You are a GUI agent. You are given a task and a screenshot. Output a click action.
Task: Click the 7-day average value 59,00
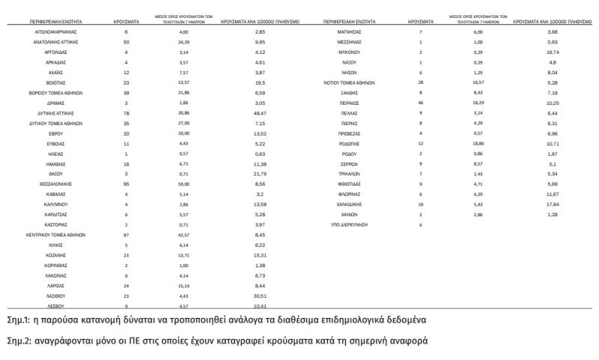point(183,183)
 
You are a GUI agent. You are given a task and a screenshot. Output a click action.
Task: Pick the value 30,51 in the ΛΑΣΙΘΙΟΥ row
point(260,296)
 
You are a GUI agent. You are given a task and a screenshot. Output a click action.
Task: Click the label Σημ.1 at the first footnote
point(20,320)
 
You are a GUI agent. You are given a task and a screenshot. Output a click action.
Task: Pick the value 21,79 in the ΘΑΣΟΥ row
point(260,172)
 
